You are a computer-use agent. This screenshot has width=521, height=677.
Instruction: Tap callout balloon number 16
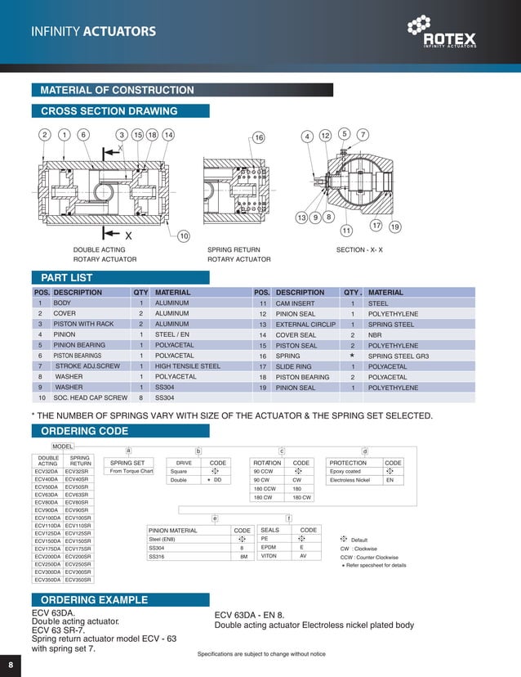coord(259,137)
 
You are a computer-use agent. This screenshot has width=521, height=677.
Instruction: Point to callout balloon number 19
coord(394,226)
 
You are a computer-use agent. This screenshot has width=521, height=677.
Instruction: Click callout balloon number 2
coord(44,135)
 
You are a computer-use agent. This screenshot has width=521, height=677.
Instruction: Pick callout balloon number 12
coord(325,135)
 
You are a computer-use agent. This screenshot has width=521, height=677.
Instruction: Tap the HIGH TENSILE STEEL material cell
coord(188,366)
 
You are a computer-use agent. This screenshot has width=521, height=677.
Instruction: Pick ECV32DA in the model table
coord(47,472)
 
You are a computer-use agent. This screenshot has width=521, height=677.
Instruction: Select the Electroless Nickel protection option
coord(350,481)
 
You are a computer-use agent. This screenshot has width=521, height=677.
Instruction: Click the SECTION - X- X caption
coord(360,249)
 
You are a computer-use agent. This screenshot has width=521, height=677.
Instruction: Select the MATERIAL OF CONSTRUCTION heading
coord(118,90)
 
